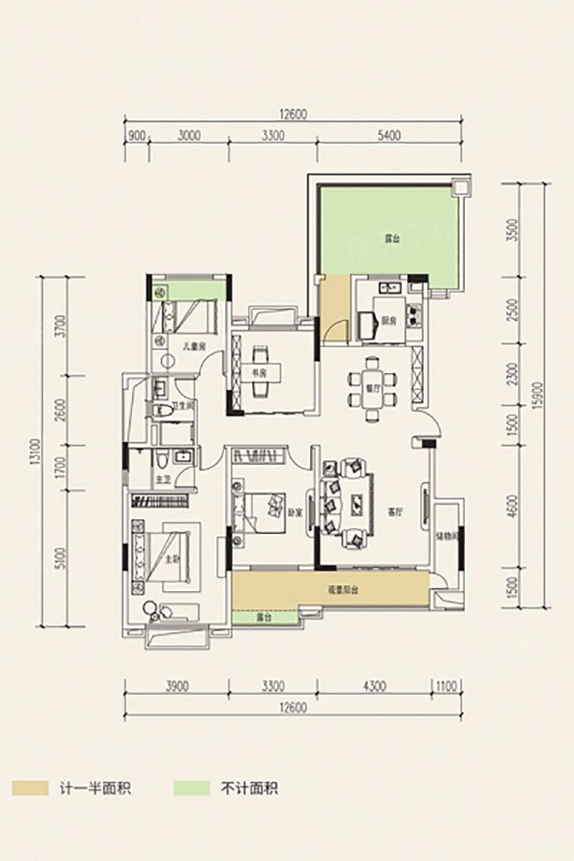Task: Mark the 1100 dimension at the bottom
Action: (446, 686)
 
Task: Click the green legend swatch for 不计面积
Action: (192, 788)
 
